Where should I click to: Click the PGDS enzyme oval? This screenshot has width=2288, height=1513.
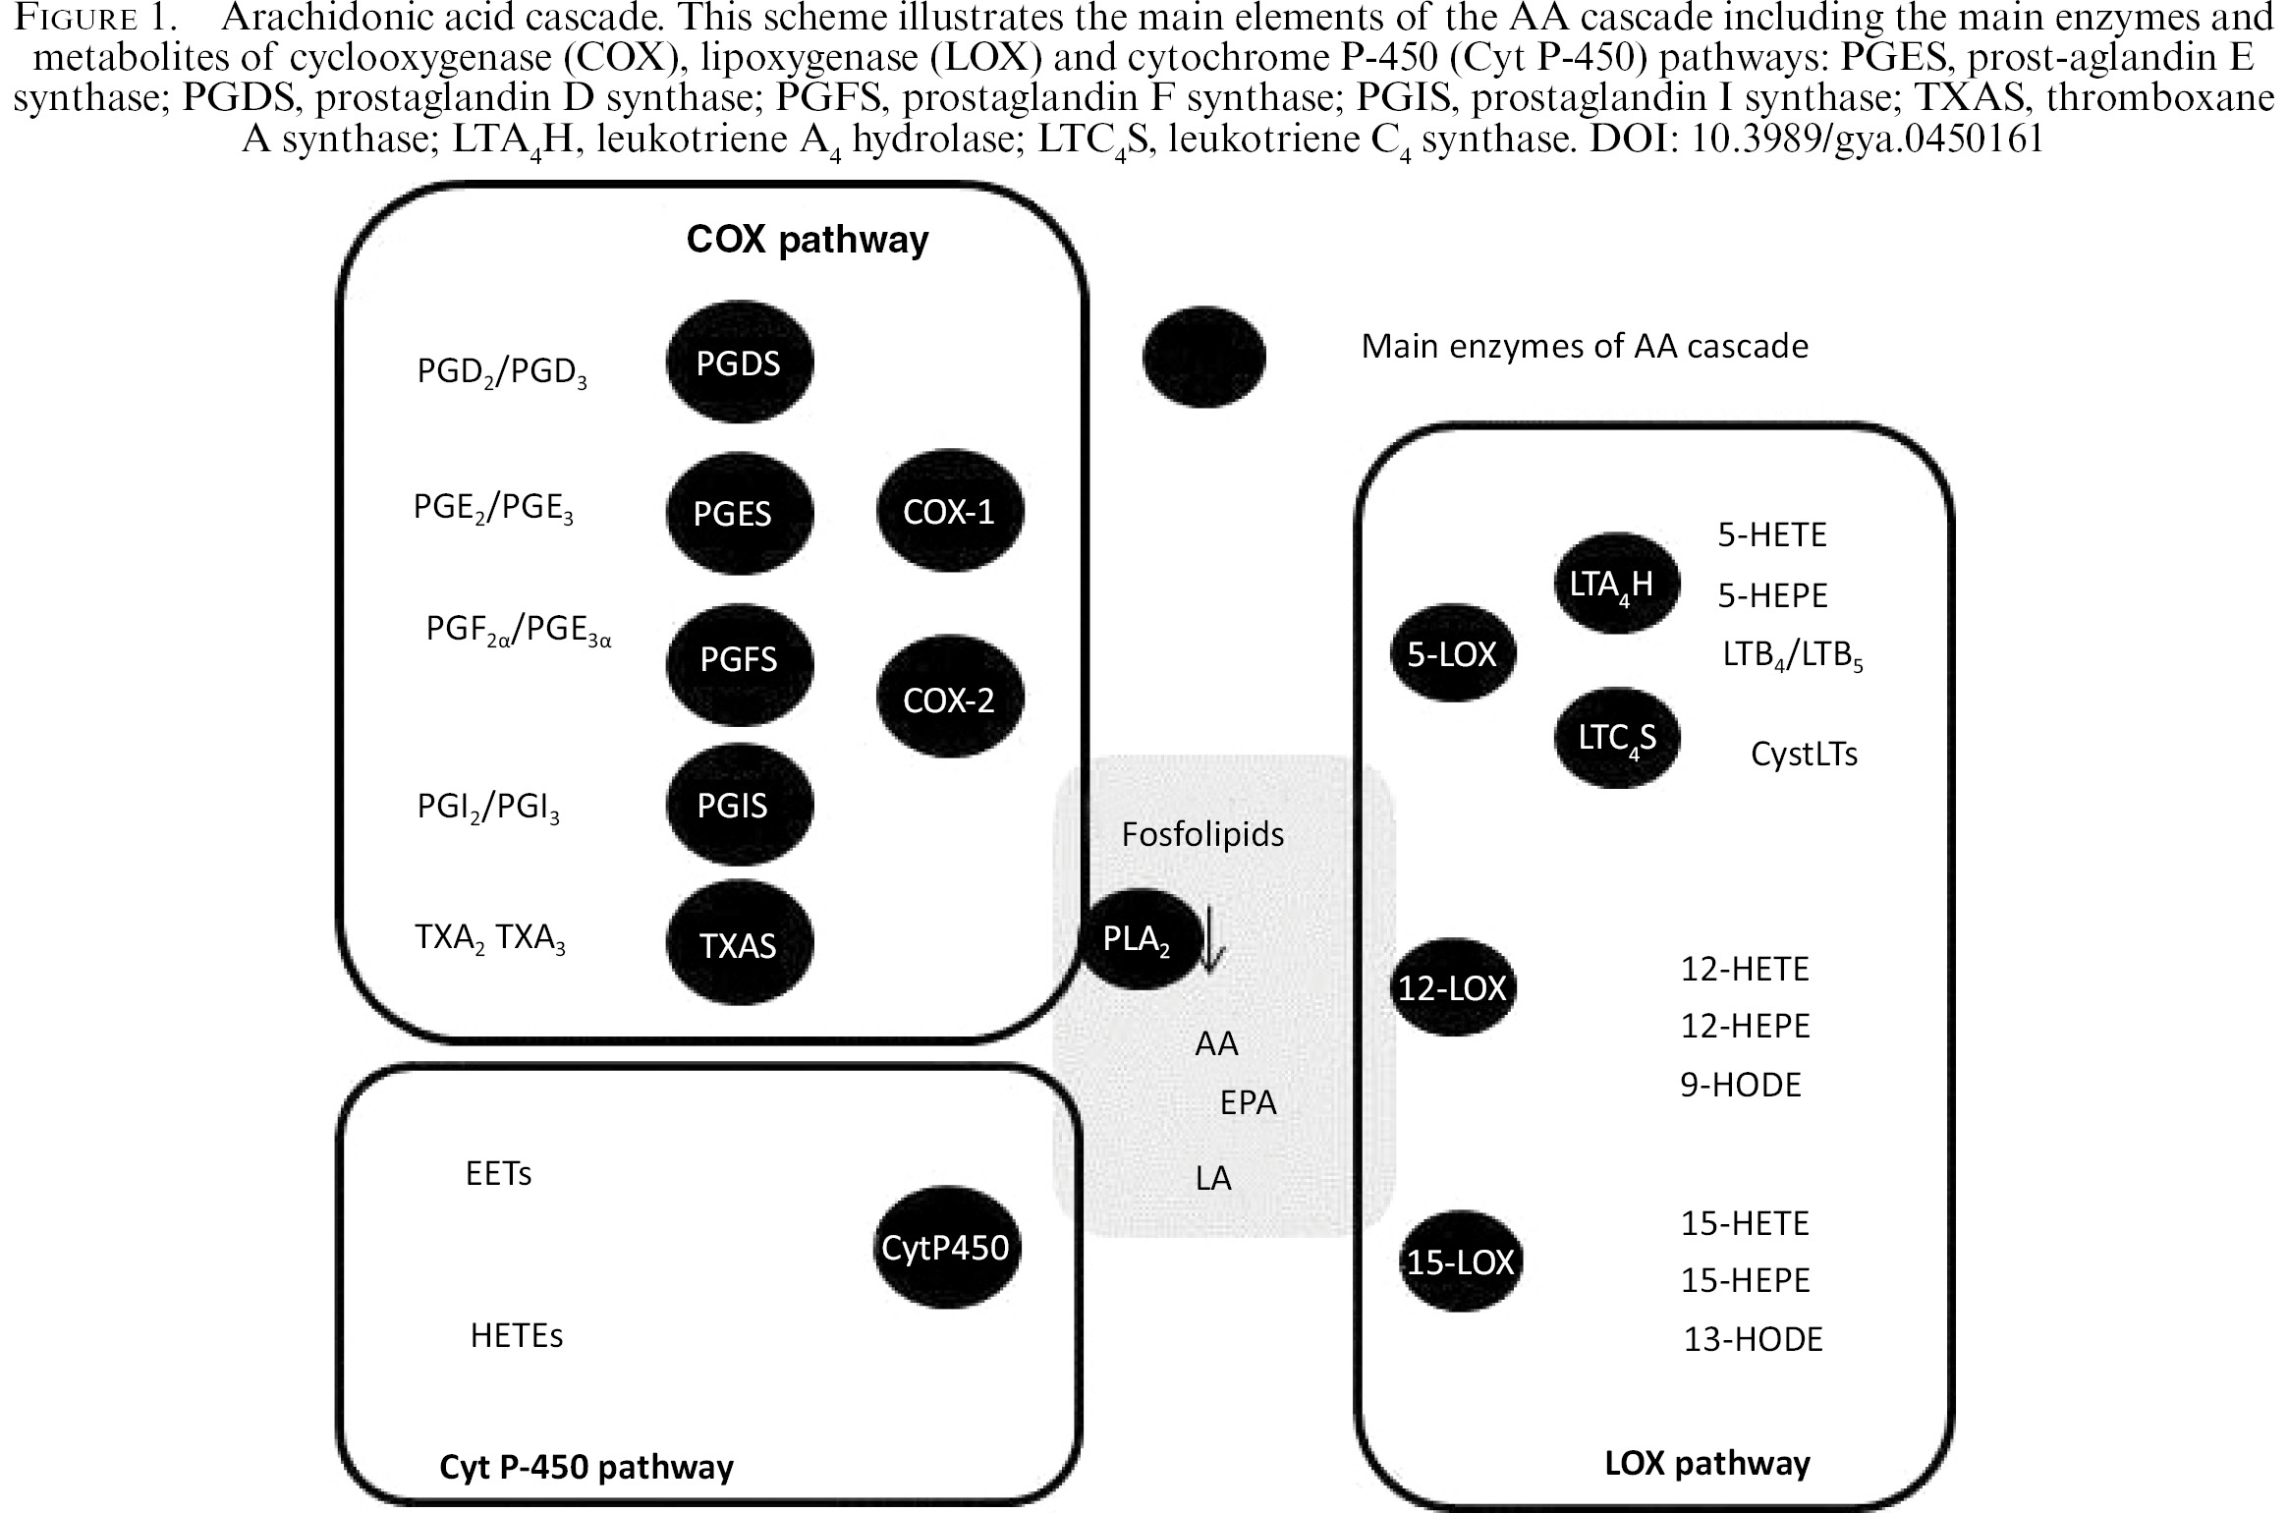(739, 363)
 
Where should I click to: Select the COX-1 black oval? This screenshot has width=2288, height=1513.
(949, 511)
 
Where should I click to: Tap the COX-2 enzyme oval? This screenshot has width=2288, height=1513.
(949, 699)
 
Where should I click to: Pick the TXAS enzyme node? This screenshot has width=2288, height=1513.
(739, 944)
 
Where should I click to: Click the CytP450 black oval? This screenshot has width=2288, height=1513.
(945, 1247)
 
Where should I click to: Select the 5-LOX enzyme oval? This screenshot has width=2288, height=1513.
(1452, 653)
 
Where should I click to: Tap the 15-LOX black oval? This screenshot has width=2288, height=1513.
(1460, 1261)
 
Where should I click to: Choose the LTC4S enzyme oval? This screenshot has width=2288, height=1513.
(1617, 738)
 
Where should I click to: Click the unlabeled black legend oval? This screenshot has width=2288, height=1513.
(1203, 356)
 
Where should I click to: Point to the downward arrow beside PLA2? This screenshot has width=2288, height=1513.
(1210, 938)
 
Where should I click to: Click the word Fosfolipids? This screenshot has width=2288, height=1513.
(1202, 834)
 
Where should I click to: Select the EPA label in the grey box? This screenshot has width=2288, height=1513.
(1248, 1102)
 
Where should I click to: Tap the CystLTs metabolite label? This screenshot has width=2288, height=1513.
(1804, 754)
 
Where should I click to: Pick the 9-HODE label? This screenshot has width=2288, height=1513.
(1741, 1085)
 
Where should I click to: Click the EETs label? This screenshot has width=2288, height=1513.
(498, 1173)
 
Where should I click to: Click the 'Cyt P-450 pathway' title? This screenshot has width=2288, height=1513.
(586, 1467)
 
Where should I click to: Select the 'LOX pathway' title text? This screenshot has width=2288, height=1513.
(1707, 1463)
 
